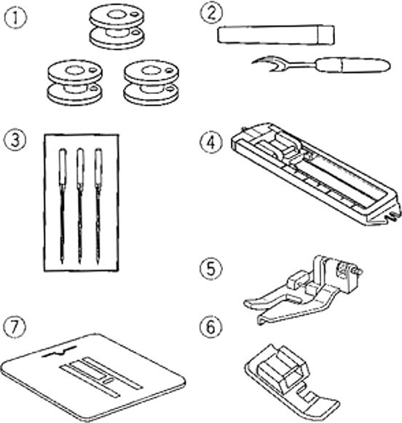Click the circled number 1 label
(15, 17)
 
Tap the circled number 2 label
(211, 13)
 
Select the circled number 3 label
(15, 141)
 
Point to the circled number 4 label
(211, 143)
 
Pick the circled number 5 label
(211, 269)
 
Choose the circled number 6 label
(211, 327)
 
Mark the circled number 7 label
(15, 326)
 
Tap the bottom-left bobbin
(75, 82)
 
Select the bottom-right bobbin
(151, 82)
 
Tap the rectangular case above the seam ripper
(276, 34)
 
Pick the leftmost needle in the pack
(63, 206)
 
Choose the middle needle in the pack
(80, 206)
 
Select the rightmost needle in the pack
(98, 206)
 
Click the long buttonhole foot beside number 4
(315, 174)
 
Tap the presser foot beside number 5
(304, 290)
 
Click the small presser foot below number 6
(292, 380)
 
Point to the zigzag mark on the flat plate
(59, 351)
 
